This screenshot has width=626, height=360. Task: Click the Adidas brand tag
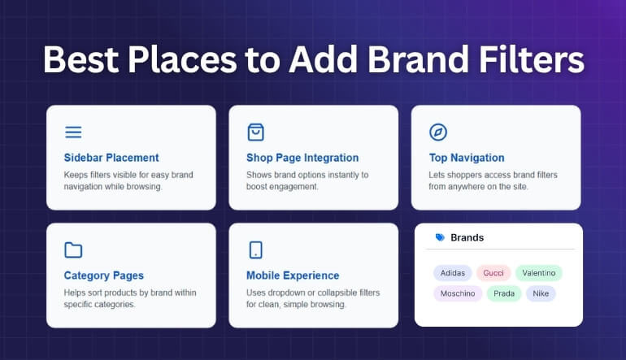(452, 273)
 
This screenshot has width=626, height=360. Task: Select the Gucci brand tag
(493, 273)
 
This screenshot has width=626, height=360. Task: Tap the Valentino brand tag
(538, 273)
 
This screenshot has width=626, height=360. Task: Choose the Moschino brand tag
(457, 293)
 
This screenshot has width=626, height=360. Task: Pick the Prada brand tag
(504, 293)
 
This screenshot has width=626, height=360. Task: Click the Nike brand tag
(541, 293)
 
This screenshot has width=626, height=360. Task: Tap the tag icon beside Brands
(440, 238)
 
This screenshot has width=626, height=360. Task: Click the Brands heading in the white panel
(467, 238)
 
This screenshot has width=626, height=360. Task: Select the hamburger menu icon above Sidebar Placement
(73, 132)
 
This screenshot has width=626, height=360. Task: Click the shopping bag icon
(255, 132)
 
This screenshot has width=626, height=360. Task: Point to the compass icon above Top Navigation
(438, 132)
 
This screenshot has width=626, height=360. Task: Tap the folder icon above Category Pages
(73, 250)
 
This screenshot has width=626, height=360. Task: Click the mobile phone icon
(255, 250)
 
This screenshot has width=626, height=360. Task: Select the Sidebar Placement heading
(111, 158)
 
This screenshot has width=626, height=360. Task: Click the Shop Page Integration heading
(302, 158)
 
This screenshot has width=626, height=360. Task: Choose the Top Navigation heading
(467, 158)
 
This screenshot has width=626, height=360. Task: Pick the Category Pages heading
(105, 275)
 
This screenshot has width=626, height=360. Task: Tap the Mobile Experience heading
(293, 275)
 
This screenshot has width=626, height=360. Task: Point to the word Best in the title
(81, 61)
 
